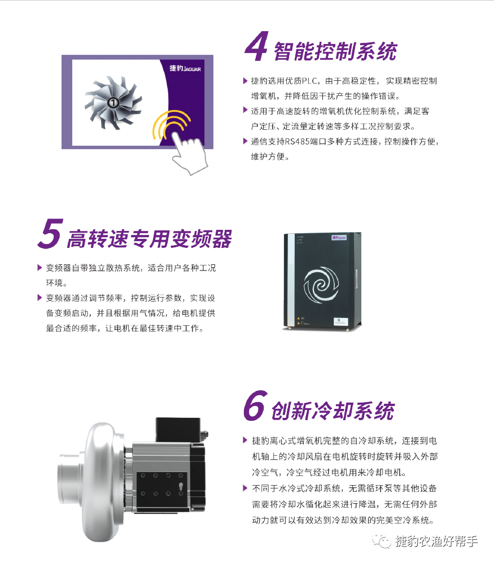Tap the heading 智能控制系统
click(x=335, y=51)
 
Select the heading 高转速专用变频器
click(x=149, y=239)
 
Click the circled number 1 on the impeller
click(x=113, y=102)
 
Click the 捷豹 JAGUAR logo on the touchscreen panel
click(x=184, y=68)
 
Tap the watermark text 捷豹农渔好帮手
click(x=436, y=541)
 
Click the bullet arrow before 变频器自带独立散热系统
click(x=40, y=267)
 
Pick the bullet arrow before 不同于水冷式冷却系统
click(x=245, y=487)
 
